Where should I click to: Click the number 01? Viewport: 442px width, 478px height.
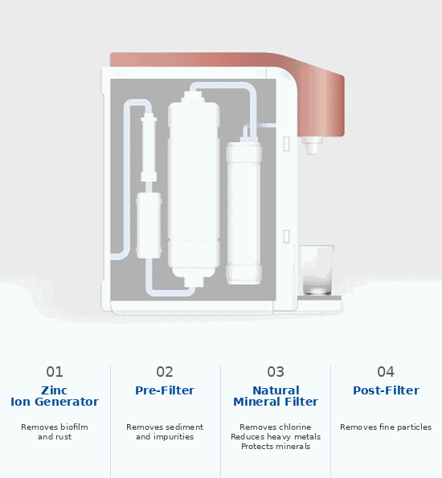pos(55,372)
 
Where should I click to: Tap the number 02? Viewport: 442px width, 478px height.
pos(165,372)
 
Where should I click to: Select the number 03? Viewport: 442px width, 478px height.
pos(276,372)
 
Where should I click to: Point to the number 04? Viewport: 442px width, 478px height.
pos(386,372)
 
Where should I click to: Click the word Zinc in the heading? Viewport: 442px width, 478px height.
pos(55,390)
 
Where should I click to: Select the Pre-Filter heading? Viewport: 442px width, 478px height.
pos(165,390)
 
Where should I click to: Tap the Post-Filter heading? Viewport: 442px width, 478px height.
pos(387,390)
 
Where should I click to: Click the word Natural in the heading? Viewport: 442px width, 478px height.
pos(276,390)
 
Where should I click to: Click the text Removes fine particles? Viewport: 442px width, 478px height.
pos(386,427)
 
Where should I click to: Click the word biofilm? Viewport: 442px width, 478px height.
pos(72,427)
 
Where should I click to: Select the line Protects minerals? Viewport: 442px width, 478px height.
pos(276,447)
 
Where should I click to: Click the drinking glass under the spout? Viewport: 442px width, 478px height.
pos(317,270)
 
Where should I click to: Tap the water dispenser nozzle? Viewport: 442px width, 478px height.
pos(312,145)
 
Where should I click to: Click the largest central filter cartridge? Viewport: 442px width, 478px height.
pos(194,189)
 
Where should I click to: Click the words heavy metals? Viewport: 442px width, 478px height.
pos(294,437)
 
